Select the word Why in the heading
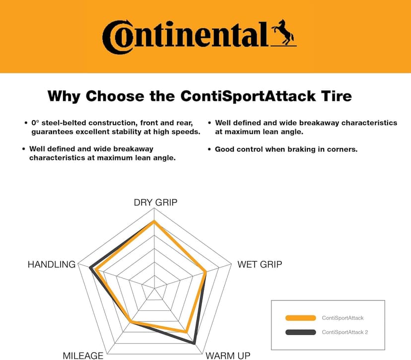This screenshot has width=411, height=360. (64, 95)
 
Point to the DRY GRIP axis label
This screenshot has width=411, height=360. (155, 202)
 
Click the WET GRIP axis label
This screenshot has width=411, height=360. (259, 264)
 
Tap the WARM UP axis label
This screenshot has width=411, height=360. (228, 355)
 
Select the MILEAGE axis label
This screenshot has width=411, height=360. (83, 355)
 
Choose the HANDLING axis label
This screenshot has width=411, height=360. (52, 264)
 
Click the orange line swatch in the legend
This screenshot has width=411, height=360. (301, 318)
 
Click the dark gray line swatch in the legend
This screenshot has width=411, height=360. (301, 332)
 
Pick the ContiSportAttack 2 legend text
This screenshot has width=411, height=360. (345, 332)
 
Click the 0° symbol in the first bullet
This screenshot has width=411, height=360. (35, 122)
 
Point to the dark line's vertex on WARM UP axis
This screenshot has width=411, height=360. (194, 343)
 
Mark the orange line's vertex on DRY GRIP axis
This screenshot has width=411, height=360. (155, 221)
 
